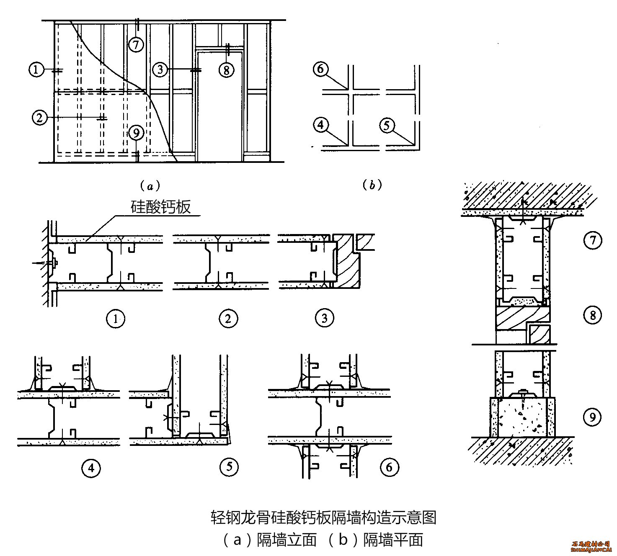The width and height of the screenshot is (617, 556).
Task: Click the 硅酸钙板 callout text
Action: (x=161, y=207)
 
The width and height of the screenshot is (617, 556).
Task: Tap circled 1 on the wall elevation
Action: (x=36, y=69)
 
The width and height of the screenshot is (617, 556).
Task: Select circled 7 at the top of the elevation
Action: (x=136, y=44)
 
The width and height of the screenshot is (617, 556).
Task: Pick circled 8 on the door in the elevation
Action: (x=226, y=70)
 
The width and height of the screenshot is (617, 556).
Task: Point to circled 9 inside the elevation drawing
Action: (x=136, y=133)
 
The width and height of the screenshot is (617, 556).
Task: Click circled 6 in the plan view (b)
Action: (x=321, y=69)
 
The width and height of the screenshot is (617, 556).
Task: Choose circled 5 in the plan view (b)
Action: (x=386, y=125)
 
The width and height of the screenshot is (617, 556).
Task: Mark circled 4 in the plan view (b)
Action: (x=321, y=125)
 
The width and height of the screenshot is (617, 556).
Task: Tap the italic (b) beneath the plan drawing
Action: (x=372, y=185)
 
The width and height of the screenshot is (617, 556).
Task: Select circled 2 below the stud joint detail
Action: (x=228, y=319)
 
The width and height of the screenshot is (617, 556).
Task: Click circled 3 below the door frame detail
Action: (x=324, y=319)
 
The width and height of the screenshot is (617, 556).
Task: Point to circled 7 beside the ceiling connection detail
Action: (x=592, y=240)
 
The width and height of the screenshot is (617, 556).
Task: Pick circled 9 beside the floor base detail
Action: (x=592, y=417)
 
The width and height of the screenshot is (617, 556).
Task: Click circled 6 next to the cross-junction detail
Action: (x=389, y=466)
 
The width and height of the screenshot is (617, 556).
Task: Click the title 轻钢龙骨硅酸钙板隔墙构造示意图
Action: (x=323, y=518)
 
